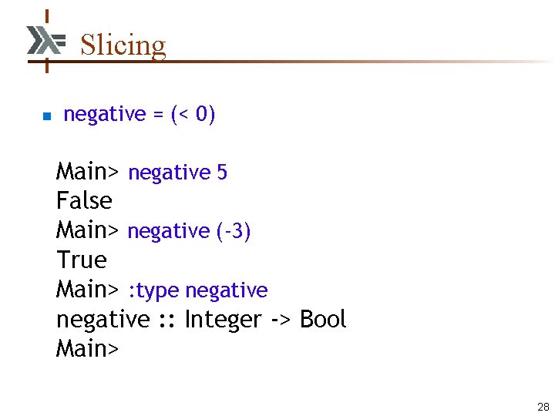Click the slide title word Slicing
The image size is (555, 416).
coord(123,45)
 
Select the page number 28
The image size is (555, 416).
coord(543,407)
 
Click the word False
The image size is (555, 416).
coord(84,201)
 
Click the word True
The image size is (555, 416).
coord(81,260)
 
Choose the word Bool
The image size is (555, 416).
coord(323,319)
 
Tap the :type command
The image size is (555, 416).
coord(153,291)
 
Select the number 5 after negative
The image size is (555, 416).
coord(222,173)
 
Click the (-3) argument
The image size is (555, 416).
coord(233,231)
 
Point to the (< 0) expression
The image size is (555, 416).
coord(193,115)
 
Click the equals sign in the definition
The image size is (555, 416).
coord(157,115)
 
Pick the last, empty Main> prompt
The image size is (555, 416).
coord(87,349)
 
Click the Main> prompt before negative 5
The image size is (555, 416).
coord(87,172)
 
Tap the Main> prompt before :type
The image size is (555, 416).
coord(87,290)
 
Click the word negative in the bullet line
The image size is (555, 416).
coord(104,115)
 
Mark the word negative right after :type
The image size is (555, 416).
coord(227,291)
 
